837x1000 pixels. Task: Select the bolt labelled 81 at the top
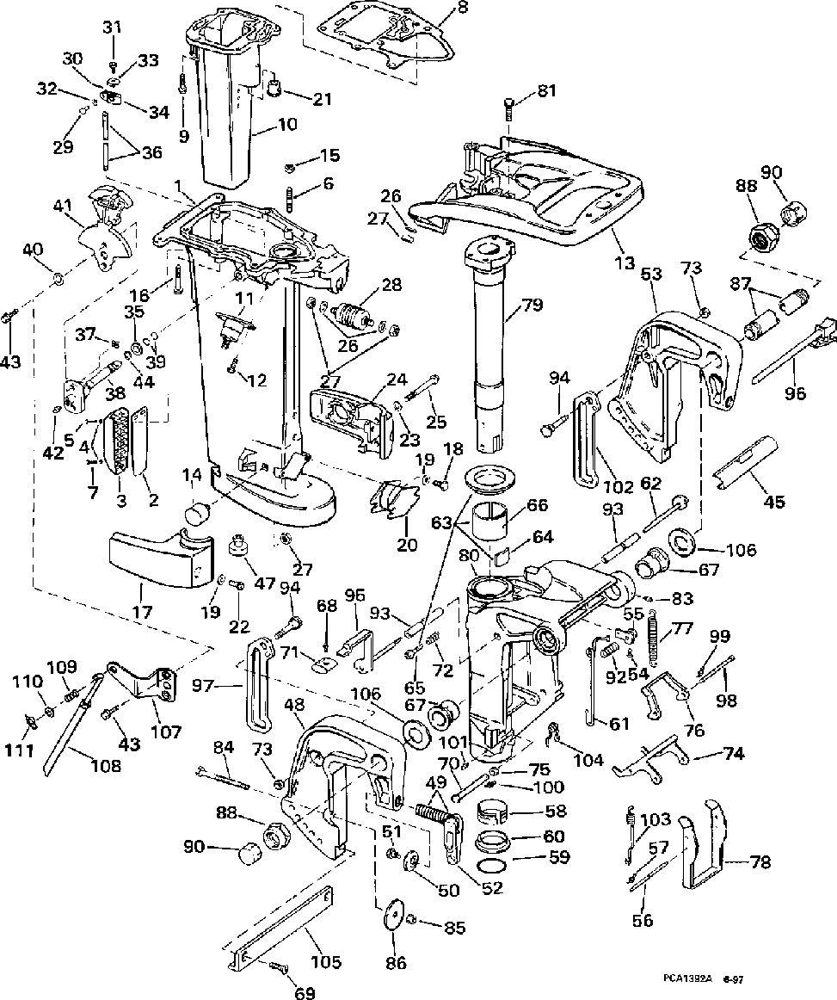[x=508, y=109]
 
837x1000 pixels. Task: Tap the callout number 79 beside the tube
[x=532, y=305]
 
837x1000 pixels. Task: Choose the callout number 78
[x=760, y=861]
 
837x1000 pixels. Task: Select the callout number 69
[x=305, y=994]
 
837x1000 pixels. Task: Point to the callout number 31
[x=113, y=28]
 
